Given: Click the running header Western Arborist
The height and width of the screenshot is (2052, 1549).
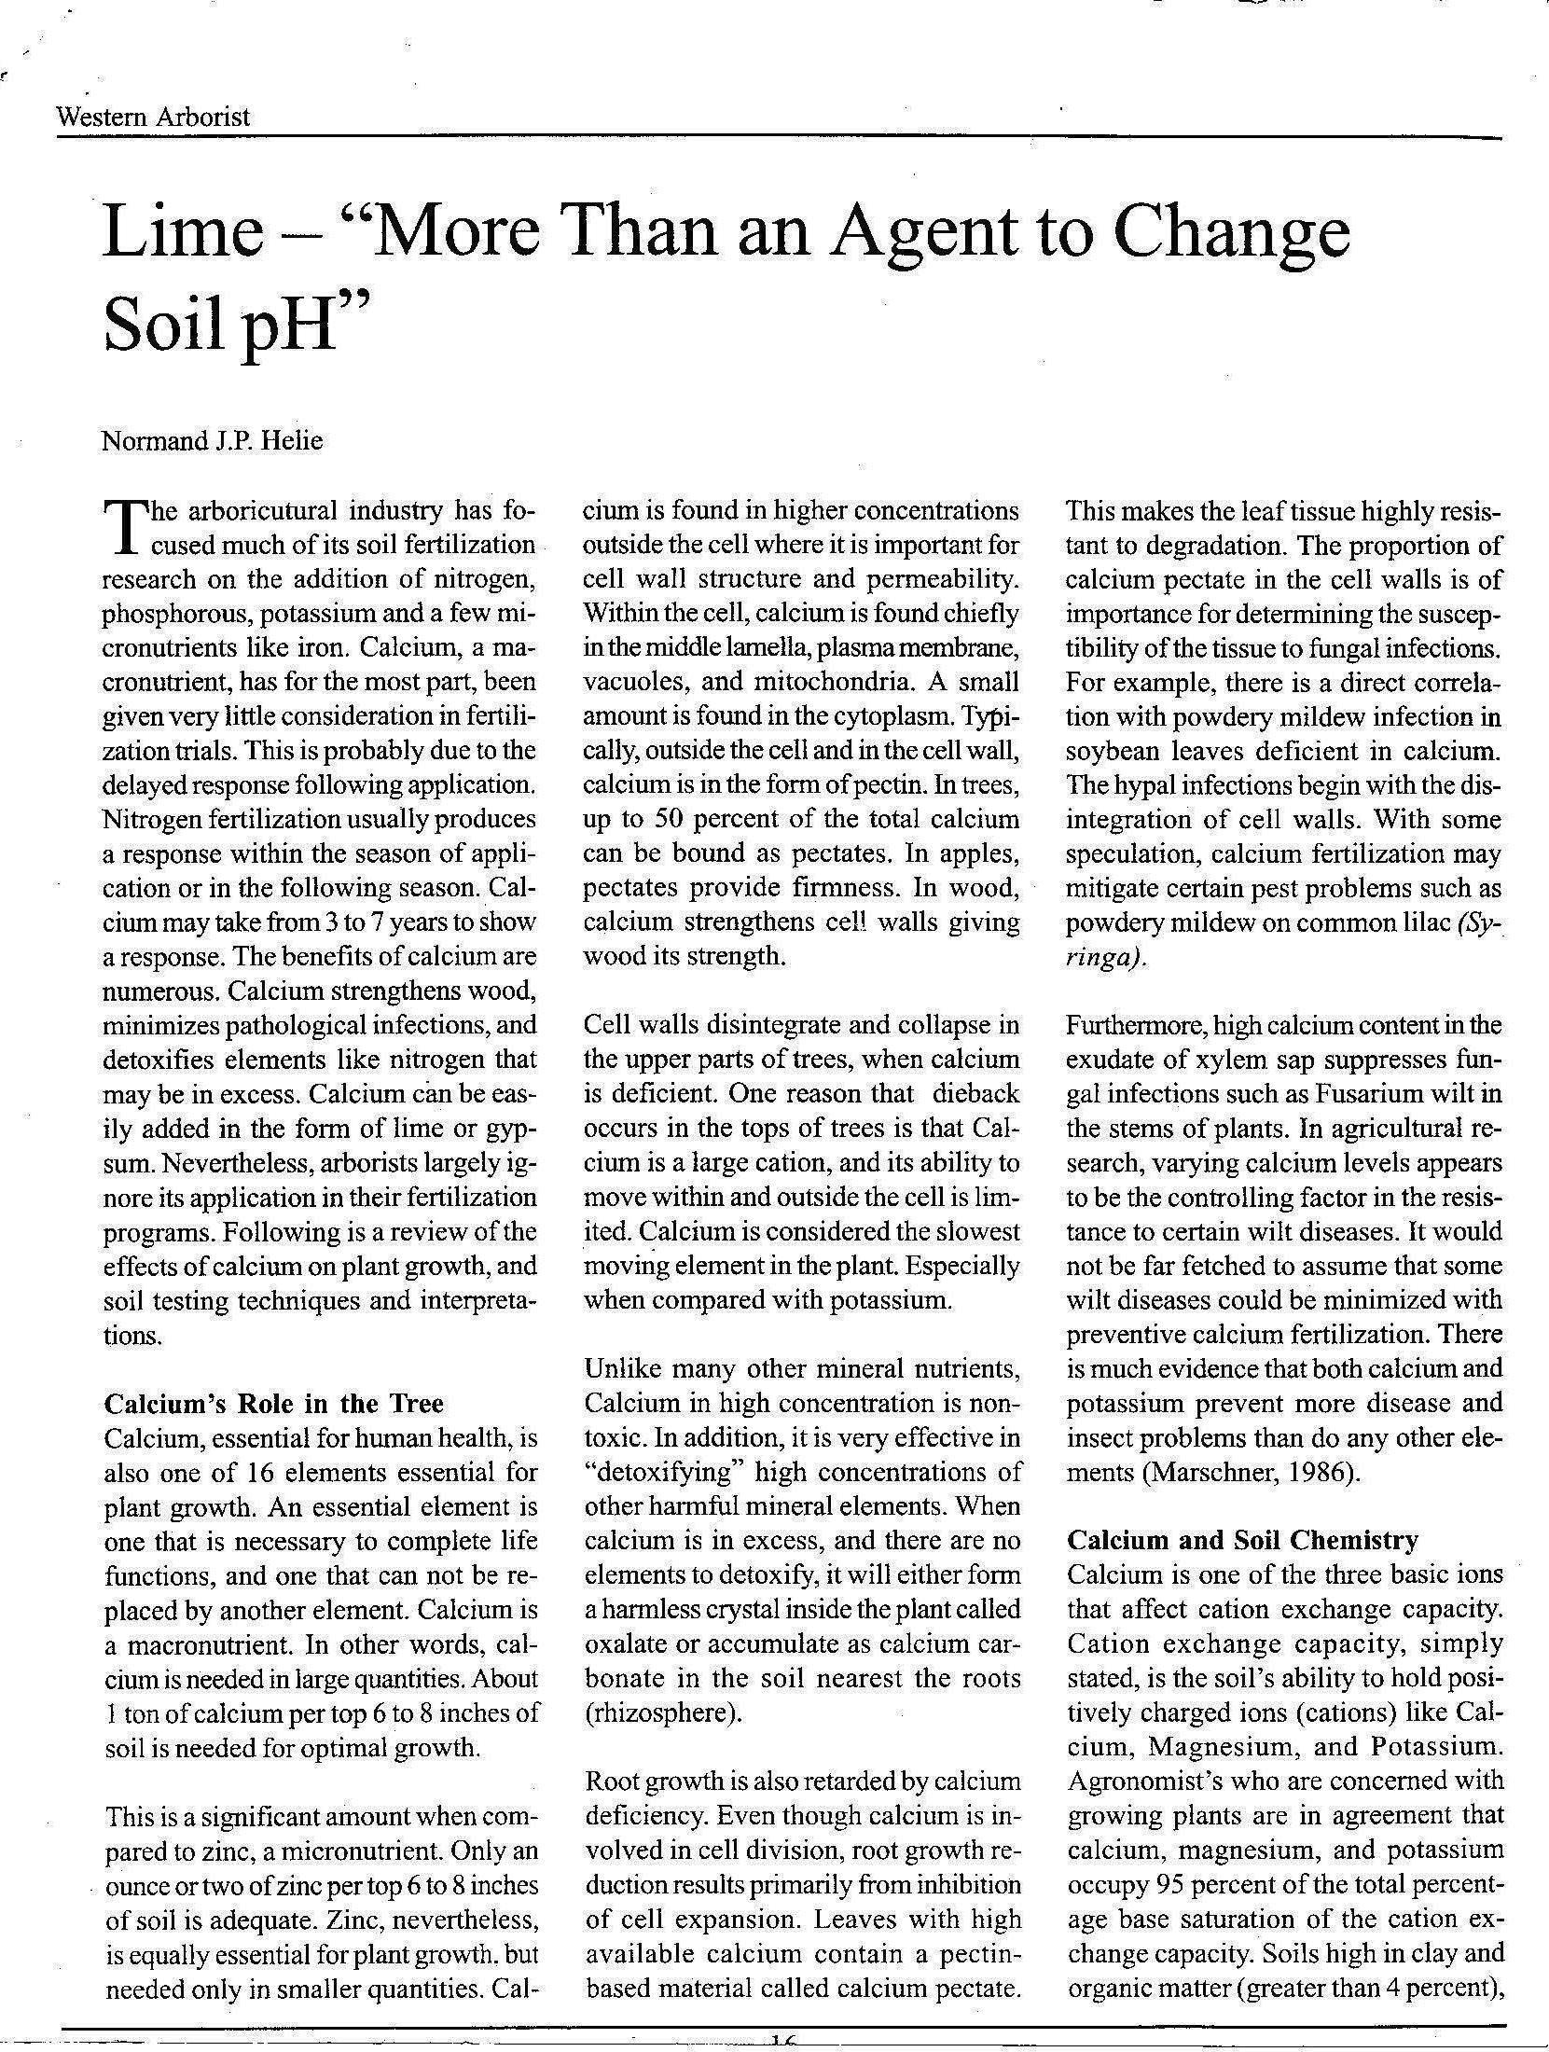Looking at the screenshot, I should point(153,118).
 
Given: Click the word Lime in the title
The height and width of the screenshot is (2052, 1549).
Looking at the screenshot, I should point(183,232).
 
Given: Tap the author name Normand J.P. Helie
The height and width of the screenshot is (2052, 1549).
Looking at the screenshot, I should point(212,440).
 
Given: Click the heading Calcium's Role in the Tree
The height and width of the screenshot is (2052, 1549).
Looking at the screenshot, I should point(273,1404).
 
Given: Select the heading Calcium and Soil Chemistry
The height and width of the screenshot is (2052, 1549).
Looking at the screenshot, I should point(1242,1540).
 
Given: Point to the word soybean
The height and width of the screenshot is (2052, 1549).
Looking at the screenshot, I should point(1113,751).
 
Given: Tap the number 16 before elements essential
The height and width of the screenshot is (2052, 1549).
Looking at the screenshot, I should point(257,1473).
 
